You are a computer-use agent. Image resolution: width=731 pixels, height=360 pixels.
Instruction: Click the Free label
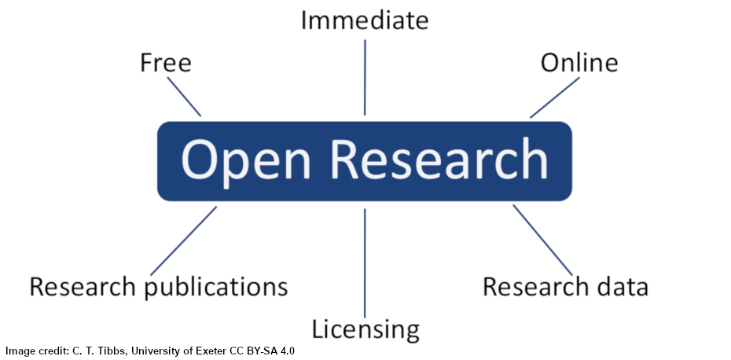point(165,63)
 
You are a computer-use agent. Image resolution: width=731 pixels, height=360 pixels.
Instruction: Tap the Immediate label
point(365,20)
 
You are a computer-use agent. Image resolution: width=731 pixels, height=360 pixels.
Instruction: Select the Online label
point(579,63)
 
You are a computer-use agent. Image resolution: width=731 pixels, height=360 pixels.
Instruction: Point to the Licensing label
point(365,329)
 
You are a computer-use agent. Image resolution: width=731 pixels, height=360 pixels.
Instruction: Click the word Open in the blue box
point(240,160)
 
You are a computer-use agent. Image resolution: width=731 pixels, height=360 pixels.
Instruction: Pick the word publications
point(216,288)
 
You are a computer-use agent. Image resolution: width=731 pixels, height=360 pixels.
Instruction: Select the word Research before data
point(536,287)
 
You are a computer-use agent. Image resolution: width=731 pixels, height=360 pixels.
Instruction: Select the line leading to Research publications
point(183,241)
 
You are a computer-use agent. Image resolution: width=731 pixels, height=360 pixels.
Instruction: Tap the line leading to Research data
point(543,240)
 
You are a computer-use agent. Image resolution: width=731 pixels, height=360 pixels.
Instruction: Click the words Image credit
point(33,351)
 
